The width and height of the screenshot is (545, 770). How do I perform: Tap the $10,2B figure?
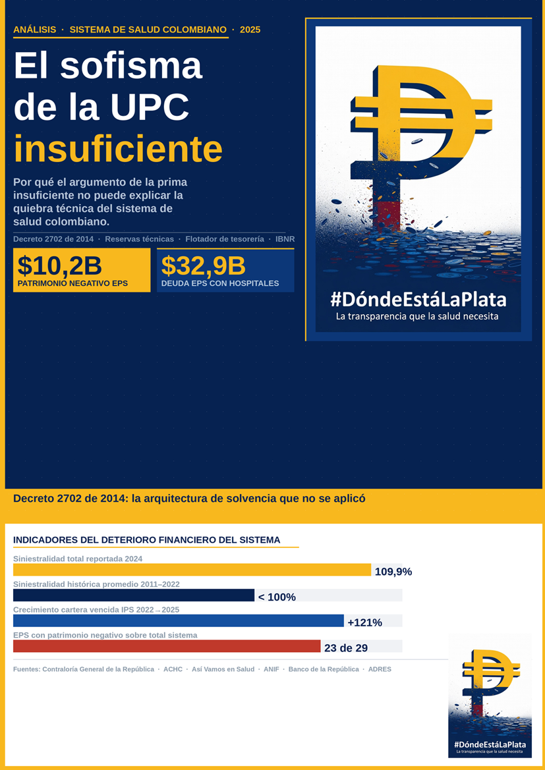pos(59,265)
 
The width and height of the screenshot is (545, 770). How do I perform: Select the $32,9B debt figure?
pos(203,265)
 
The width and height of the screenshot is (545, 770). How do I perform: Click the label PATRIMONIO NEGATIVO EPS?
pos(72,284)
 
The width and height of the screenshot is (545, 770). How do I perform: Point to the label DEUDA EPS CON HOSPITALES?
pos(219,284)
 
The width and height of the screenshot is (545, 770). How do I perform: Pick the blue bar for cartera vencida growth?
pos(178,620)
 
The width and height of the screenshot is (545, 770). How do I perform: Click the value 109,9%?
pos(393,572)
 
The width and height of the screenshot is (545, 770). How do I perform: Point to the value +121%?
pos(364,622)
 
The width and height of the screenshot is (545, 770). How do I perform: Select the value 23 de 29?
pos(346,648)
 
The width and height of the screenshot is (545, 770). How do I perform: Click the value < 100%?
pos(277,597)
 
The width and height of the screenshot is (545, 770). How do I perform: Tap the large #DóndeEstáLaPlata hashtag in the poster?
pos(418,300)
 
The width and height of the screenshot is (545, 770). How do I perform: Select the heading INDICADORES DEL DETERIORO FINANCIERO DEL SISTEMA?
pos(146,540)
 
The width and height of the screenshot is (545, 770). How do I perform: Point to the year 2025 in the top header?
pos(250,30)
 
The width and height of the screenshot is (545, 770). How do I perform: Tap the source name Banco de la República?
pos(324,669)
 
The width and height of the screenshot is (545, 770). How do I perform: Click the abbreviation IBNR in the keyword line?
pos(285,239)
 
